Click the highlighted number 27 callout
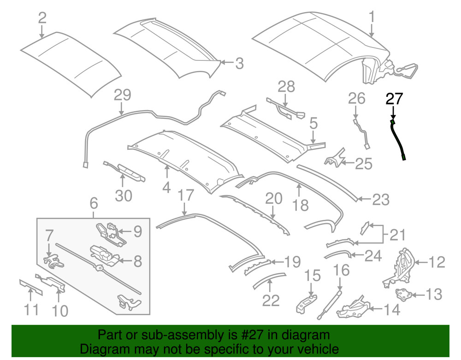394,99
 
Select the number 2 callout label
42,18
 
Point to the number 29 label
123,95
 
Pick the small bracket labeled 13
404,294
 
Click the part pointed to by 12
400,267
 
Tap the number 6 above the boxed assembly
94,202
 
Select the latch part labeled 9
109,230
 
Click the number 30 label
123,195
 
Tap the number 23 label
381,200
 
